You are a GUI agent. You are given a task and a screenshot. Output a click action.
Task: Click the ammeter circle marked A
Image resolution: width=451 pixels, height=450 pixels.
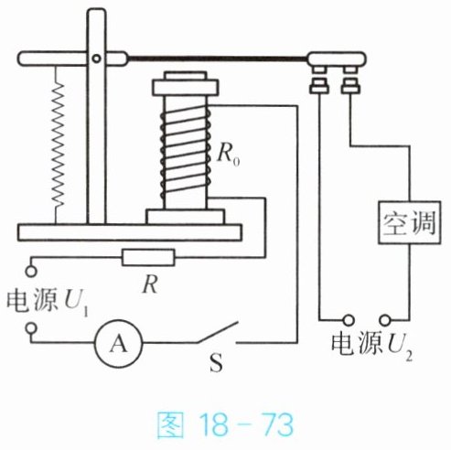(119, 343)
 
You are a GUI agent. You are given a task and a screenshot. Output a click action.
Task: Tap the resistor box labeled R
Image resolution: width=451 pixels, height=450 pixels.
(148, 257)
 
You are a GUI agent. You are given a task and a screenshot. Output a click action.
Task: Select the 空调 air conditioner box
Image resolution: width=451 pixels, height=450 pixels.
(409, 222)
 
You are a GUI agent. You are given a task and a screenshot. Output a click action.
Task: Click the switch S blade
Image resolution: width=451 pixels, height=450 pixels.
(217, 332)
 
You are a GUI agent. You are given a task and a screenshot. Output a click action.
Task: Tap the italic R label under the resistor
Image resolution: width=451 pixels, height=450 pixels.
(150, 285)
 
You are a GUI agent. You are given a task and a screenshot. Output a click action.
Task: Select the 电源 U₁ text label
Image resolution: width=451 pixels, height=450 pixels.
(48, 303)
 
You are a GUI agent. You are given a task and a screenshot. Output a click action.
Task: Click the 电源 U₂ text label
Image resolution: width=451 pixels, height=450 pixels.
(372, 347)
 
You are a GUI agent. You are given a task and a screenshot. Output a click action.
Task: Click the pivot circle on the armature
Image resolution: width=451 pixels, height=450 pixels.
(96, 59)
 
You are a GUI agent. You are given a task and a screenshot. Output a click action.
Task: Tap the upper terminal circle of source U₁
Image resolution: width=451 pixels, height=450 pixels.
(31, 271)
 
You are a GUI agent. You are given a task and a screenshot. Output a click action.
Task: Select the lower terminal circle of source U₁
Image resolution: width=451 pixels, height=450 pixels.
(31, 328)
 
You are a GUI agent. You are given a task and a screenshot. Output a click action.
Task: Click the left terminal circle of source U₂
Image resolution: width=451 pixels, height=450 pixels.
(349, 320)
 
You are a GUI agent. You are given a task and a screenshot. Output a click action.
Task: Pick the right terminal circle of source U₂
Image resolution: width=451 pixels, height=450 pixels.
(385, 320)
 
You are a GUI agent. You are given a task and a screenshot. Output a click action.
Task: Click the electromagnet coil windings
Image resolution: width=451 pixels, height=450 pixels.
(186, 153)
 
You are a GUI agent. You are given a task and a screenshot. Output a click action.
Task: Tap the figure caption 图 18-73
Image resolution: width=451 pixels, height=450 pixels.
(225, 424)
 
